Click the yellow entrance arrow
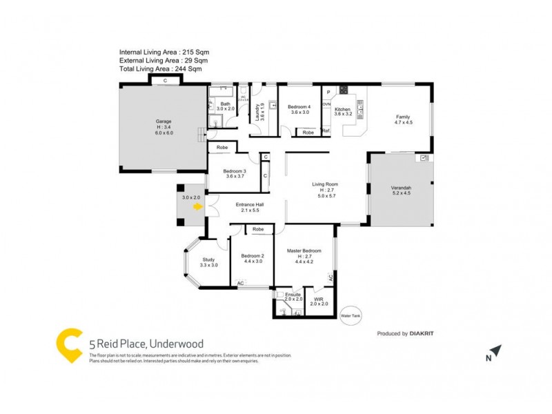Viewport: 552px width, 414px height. (x=198, y=206)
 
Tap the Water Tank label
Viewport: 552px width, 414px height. (x=351, y=315)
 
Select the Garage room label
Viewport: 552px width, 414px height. (x=163, y=122)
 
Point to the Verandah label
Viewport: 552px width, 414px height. (x=401, y=188)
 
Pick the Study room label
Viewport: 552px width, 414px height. (x=208, y=259)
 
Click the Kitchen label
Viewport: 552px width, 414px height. (x=343, y=110)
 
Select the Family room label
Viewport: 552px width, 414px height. (x=403, y=117)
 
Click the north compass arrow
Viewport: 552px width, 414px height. (x=497, y=353)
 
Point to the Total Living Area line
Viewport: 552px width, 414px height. (x=161, y=69)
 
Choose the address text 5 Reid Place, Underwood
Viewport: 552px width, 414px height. (x=146, y=343)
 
